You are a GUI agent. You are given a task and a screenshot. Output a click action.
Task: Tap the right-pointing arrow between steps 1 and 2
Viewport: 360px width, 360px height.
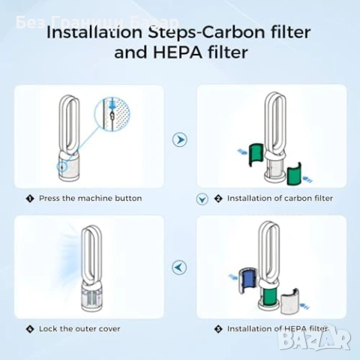point(180,139)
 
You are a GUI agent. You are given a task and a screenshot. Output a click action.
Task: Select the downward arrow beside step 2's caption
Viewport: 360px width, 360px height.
point(200,199)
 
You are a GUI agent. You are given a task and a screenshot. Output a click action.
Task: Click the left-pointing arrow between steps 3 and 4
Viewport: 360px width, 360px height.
point(180,266)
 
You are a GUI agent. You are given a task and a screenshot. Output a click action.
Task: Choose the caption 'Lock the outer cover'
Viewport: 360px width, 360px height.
point(79,328)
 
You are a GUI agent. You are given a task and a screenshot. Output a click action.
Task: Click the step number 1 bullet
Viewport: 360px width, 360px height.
point(30,199)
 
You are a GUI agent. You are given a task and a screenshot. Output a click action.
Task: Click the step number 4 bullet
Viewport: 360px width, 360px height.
point(30,328)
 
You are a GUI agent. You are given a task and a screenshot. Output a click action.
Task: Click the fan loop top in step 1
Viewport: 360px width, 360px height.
point(68,105)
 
